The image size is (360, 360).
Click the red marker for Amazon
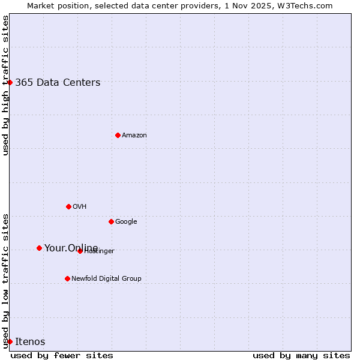tap(118, 135)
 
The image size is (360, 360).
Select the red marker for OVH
tap(68, 206)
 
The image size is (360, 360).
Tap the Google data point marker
tap(111, 221)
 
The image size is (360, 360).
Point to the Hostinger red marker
tap(80, 251)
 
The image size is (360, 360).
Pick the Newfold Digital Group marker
tap(67, 278)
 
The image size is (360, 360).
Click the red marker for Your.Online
tap(39, 248)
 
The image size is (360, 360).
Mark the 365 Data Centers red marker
tap(10, 82)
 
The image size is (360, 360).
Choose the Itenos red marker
tap(10, 341)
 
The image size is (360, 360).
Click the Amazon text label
tap(134, 136)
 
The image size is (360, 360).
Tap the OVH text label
tap(80, 207)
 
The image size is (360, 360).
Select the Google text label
tap(126, 222)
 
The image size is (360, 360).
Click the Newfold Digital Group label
tap(106, 279)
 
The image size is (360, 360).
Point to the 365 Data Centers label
tap(58, 83)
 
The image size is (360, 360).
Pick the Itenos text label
tap(30, 342)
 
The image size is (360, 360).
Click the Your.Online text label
tap(71, 248)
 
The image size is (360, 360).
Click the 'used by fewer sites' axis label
tap(62, 355)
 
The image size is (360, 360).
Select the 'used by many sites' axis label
tap(301, 355)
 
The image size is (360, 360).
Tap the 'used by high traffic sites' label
tap(5, 85)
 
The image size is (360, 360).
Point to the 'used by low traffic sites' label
tap(5, 280)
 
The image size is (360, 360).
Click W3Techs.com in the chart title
tap(307, 5)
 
